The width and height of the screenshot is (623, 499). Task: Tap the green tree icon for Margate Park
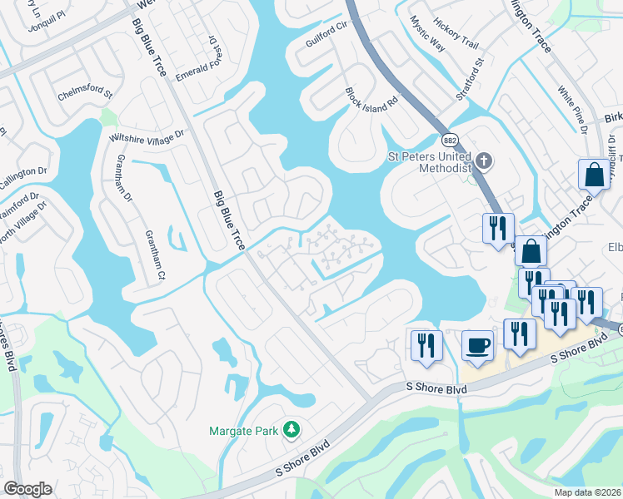(292, 429)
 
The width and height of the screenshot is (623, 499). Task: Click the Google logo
(27, 489)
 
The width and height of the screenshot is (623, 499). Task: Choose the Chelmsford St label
(84, 94)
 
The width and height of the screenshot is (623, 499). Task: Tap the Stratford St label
(470, 78)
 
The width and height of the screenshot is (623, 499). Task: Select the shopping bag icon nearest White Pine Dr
(594, 175)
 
